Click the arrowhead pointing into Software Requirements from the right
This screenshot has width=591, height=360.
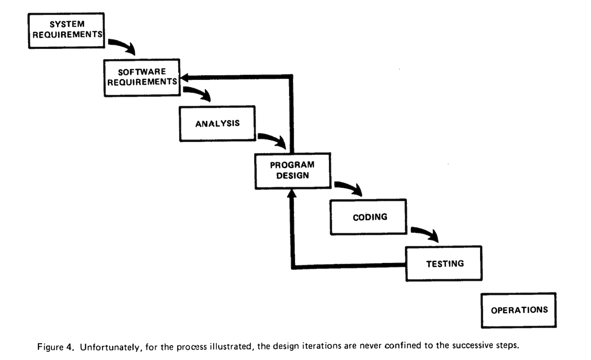185,77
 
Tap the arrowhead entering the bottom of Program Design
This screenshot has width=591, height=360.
292,194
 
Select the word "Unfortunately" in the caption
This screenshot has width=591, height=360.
109,347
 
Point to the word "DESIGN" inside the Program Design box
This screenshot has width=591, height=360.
293,176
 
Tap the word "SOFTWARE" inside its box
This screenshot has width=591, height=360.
142,72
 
